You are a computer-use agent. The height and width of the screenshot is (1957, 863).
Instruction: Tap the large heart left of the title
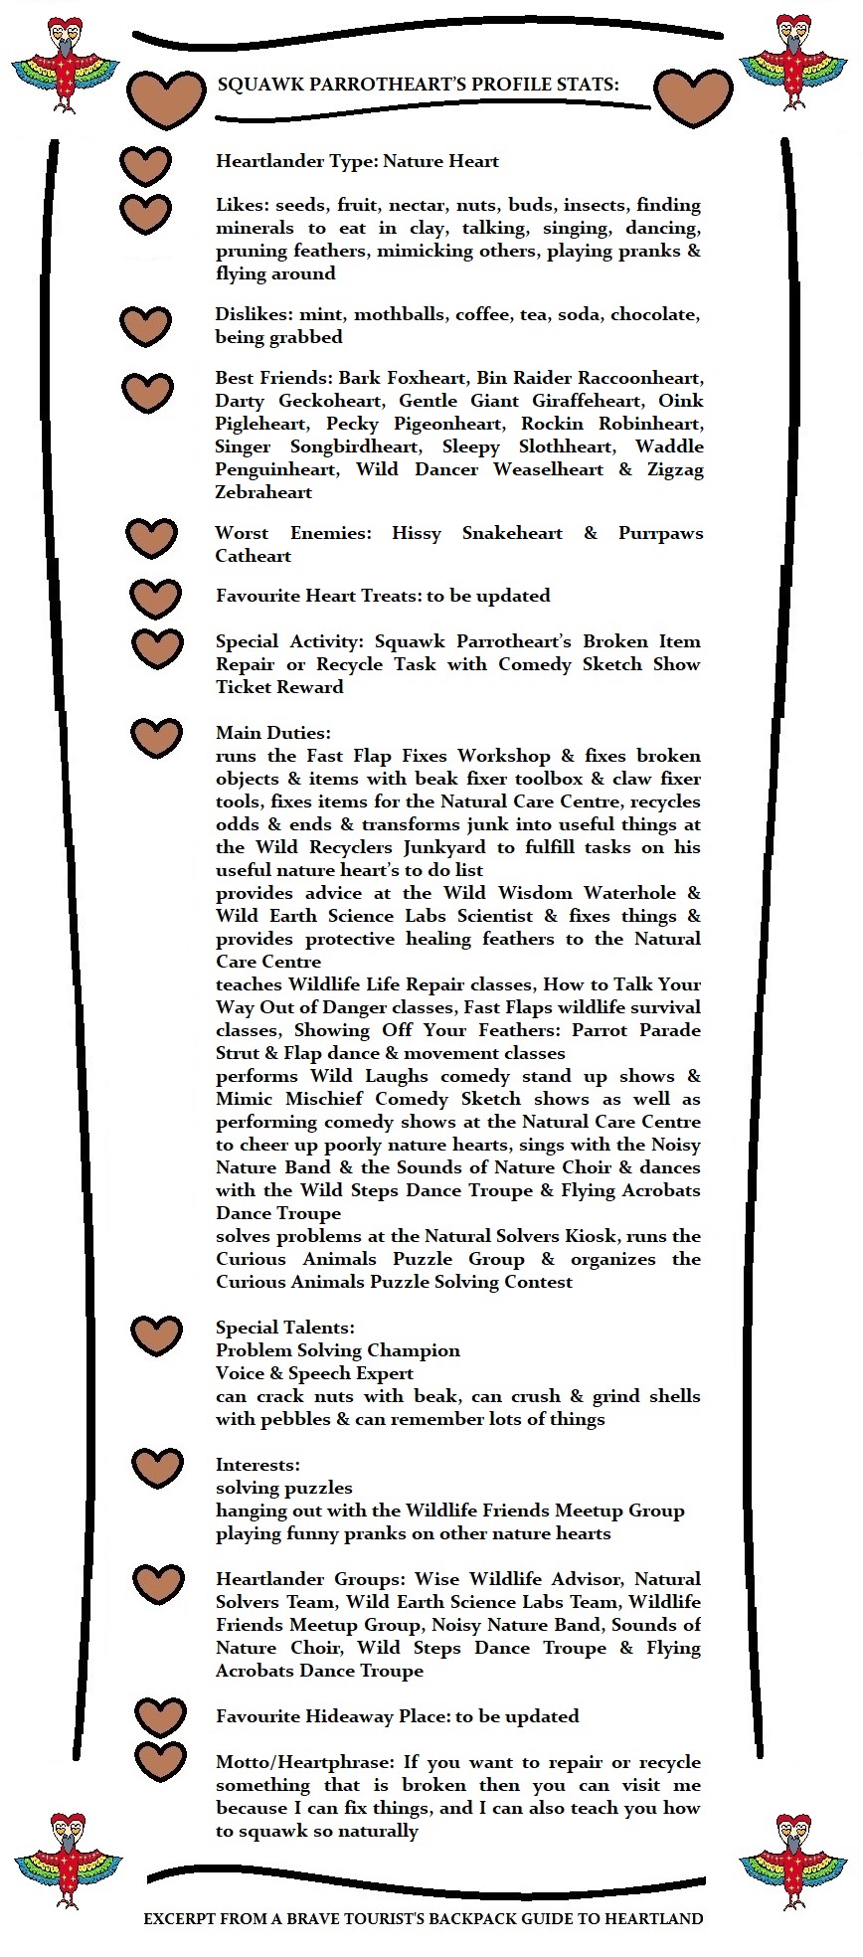pos(166,97)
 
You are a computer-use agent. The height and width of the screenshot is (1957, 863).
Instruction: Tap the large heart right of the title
pos(693,97)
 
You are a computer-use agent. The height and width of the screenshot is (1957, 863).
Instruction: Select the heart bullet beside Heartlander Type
pos(145,165)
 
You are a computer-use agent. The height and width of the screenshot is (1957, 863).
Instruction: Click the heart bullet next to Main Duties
pos(156,737)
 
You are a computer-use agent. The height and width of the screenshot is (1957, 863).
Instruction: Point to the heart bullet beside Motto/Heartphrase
pos(160,1761)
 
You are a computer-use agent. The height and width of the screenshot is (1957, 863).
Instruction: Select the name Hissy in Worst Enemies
pos(417,533)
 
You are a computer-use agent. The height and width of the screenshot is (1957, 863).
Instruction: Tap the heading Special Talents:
pos(285,1328)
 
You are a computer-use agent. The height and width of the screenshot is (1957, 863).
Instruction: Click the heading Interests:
pos(258,1465)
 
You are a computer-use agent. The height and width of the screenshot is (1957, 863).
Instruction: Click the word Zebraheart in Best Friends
pos(263,492)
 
